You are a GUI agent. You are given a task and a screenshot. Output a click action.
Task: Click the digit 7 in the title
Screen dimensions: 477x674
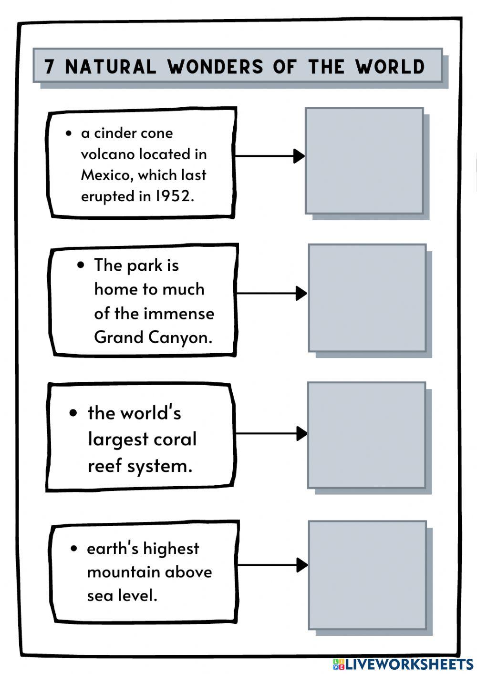49,66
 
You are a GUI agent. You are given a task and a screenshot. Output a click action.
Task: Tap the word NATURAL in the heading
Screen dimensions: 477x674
111,66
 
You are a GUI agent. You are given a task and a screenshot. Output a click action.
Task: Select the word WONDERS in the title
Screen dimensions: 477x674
215,66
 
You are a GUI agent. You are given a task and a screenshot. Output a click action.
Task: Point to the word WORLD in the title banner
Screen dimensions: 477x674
390,66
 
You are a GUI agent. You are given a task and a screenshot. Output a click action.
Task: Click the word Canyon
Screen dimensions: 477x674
180,337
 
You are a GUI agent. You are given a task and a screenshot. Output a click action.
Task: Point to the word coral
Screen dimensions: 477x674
175,439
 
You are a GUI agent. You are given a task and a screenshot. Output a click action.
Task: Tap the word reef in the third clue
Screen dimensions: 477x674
104,466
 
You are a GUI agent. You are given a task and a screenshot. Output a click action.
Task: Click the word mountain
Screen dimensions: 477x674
123,572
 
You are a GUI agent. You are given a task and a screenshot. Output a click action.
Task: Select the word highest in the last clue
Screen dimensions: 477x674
171,549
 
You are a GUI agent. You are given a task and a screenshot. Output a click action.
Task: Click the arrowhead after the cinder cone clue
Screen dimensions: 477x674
299,156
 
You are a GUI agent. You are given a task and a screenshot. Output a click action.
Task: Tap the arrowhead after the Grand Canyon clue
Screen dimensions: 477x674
301,293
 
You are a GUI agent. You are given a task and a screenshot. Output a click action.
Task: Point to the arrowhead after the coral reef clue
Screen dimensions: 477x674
302,434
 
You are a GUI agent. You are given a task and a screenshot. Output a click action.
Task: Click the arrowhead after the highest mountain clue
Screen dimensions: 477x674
302,565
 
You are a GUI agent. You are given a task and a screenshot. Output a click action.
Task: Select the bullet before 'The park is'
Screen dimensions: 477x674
81,265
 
